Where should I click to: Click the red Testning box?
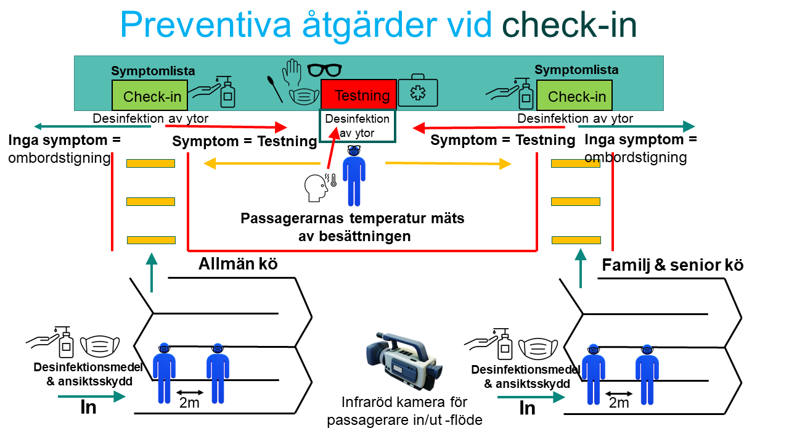(x=359, y=94)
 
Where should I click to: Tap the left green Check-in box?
(x=150, y=95)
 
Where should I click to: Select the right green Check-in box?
(x=574, y=95)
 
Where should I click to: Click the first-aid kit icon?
(x=418, y=90)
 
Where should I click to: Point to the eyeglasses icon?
(x=324, y=70)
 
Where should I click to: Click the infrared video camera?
(x=404, y=361)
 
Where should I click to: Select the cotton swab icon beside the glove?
(x=275, y=89)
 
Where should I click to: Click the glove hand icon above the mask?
(x=292, y=72)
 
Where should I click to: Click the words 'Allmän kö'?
(x=238, y=264)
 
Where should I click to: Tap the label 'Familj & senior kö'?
(x=672, y=265)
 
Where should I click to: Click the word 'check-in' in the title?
(x=569, y=25)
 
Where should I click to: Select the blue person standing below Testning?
(x=354, y=176)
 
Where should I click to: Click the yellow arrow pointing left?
(x=262, y=163)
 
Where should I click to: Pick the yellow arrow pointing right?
(x=448, y=163)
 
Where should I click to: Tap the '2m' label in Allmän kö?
(x=189, y=403)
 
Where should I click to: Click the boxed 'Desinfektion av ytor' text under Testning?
(x=357, y=126)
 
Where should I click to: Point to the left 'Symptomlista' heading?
(x=153, y=71)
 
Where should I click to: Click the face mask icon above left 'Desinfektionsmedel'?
(x=100, y=346)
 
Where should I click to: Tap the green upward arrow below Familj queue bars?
(x=581, y=268)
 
